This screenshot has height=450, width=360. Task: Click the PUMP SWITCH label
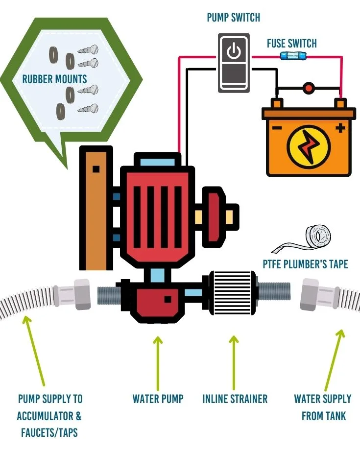(x=233, y=18)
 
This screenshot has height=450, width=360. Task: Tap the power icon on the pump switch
(x=234, y=51)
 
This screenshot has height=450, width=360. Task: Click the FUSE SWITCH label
(x=291, y=43)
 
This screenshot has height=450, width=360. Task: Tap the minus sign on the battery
(x=276, y=129)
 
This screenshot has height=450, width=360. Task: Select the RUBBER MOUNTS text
(x=54, y=79)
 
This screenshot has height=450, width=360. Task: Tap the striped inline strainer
(x=232, y=293)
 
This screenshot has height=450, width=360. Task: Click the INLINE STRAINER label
(x=235, y=399)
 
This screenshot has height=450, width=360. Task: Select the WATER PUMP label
(x=158, y=399)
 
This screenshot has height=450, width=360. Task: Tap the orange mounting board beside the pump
(x=95, y=211)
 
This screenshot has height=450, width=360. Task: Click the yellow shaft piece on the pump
(x=200, y=216)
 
